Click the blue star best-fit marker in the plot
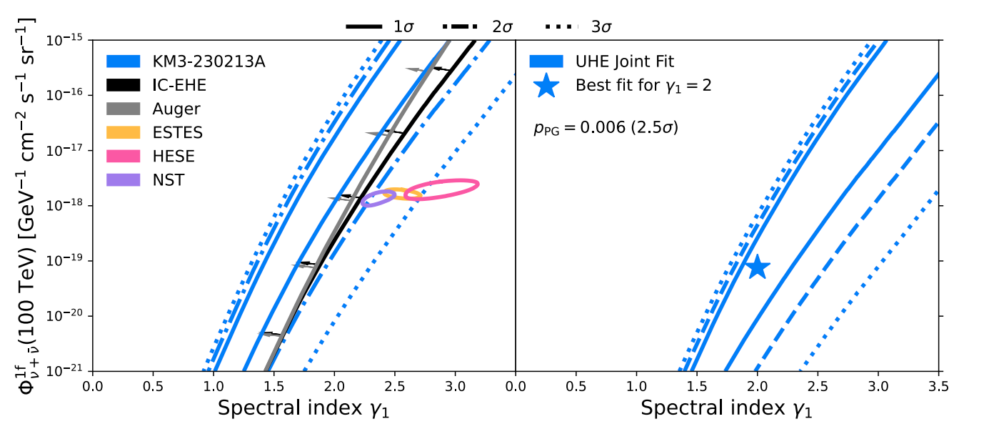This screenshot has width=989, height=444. coord(758,267)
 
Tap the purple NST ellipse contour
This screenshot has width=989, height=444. coord(378,199)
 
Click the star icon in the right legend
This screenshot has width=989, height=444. coord(546,86)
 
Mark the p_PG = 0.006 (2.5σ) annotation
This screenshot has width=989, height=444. coord(606,129)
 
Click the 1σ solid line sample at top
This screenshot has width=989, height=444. coord(363,27)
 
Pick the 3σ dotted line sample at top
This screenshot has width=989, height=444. coord(563,27)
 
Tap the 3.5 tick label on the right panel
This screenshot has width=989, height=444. coord(938,386)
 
